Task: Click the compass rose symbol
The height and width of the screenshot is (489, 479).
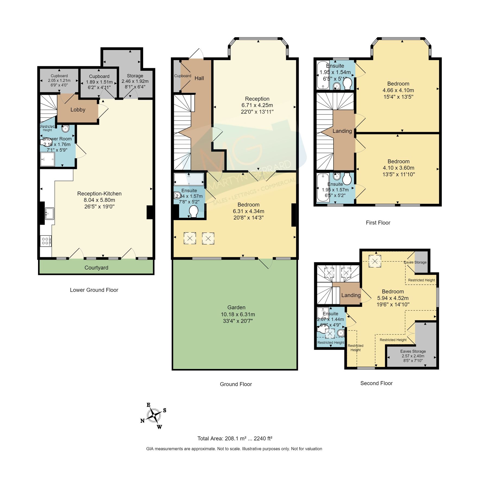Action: coord(154,415)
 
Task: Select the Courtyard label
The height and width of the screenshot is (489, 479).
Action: coord(96,268)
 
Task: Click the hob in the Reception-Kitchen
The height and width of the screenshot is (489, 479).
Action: coord(45,241)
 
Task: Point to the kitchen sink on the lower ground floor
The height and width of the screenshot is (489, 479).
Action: coord(49,213)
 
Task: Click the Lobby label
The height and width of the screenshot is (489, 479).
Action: coord(78,109)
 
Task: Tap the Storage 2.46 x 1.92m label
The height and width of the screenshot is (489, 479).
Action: coord(135,81)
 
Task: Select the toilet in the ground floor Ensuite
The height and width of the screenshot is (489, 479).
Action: coord(194,211)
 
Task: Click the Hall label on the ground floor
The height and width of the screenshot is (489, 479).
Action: coord(199,78)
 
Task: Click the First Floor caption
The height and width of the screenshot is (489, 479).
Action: coord(378,223)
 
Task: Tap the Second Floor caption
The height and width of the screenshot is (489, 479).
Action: coord(376,383)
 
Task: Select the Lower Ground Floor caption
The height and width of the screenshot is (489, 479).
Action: coord(94,290)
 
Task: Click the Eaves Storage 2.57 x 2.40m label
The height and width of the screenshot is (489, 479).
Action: coord(413,356)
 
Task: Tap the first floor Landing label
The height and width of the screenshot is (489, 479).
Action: coord(342,131)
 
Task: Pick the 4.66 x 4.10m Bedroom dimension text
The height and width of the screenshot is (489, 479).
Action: coord(398,90)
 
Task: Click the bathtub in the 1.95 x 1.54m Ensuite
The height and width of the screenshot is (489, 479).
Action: coord(323,75)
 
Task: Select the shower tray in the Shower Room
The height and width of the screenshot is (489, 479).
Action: coord(47,159)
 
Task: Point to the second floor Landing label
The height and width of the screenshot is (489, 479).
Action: coord(351,295)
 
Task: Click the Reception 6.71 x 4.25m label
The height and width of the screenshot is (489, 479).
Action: coord(257,105)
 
